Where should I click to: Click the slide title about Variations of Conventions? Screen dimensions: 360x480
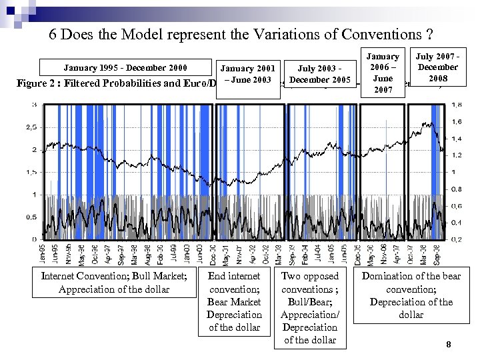(240, 35)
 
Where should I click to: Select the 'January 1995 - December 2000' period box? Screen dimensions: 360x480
(125, 67)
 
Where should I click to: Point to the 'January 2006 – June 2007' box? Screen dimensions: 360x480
(382, 73)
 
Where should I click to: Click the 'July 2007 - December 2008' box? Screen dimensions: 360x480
(437, 67)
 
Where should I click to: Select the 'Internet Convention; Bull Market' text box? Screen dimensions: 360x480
(113, 283)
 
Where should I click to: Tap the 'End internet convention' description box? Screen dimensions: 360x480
(234, 301)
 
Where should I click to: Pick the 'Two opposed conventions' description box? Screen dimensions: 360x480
(309, 307)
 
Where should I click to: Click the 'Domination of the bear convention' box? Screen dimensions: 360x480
(411, 295)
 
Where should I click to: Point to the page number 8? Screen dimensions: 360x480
(448, 345)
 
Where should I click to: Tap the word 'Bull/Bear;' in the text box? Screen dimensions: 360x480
(309, 302)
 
